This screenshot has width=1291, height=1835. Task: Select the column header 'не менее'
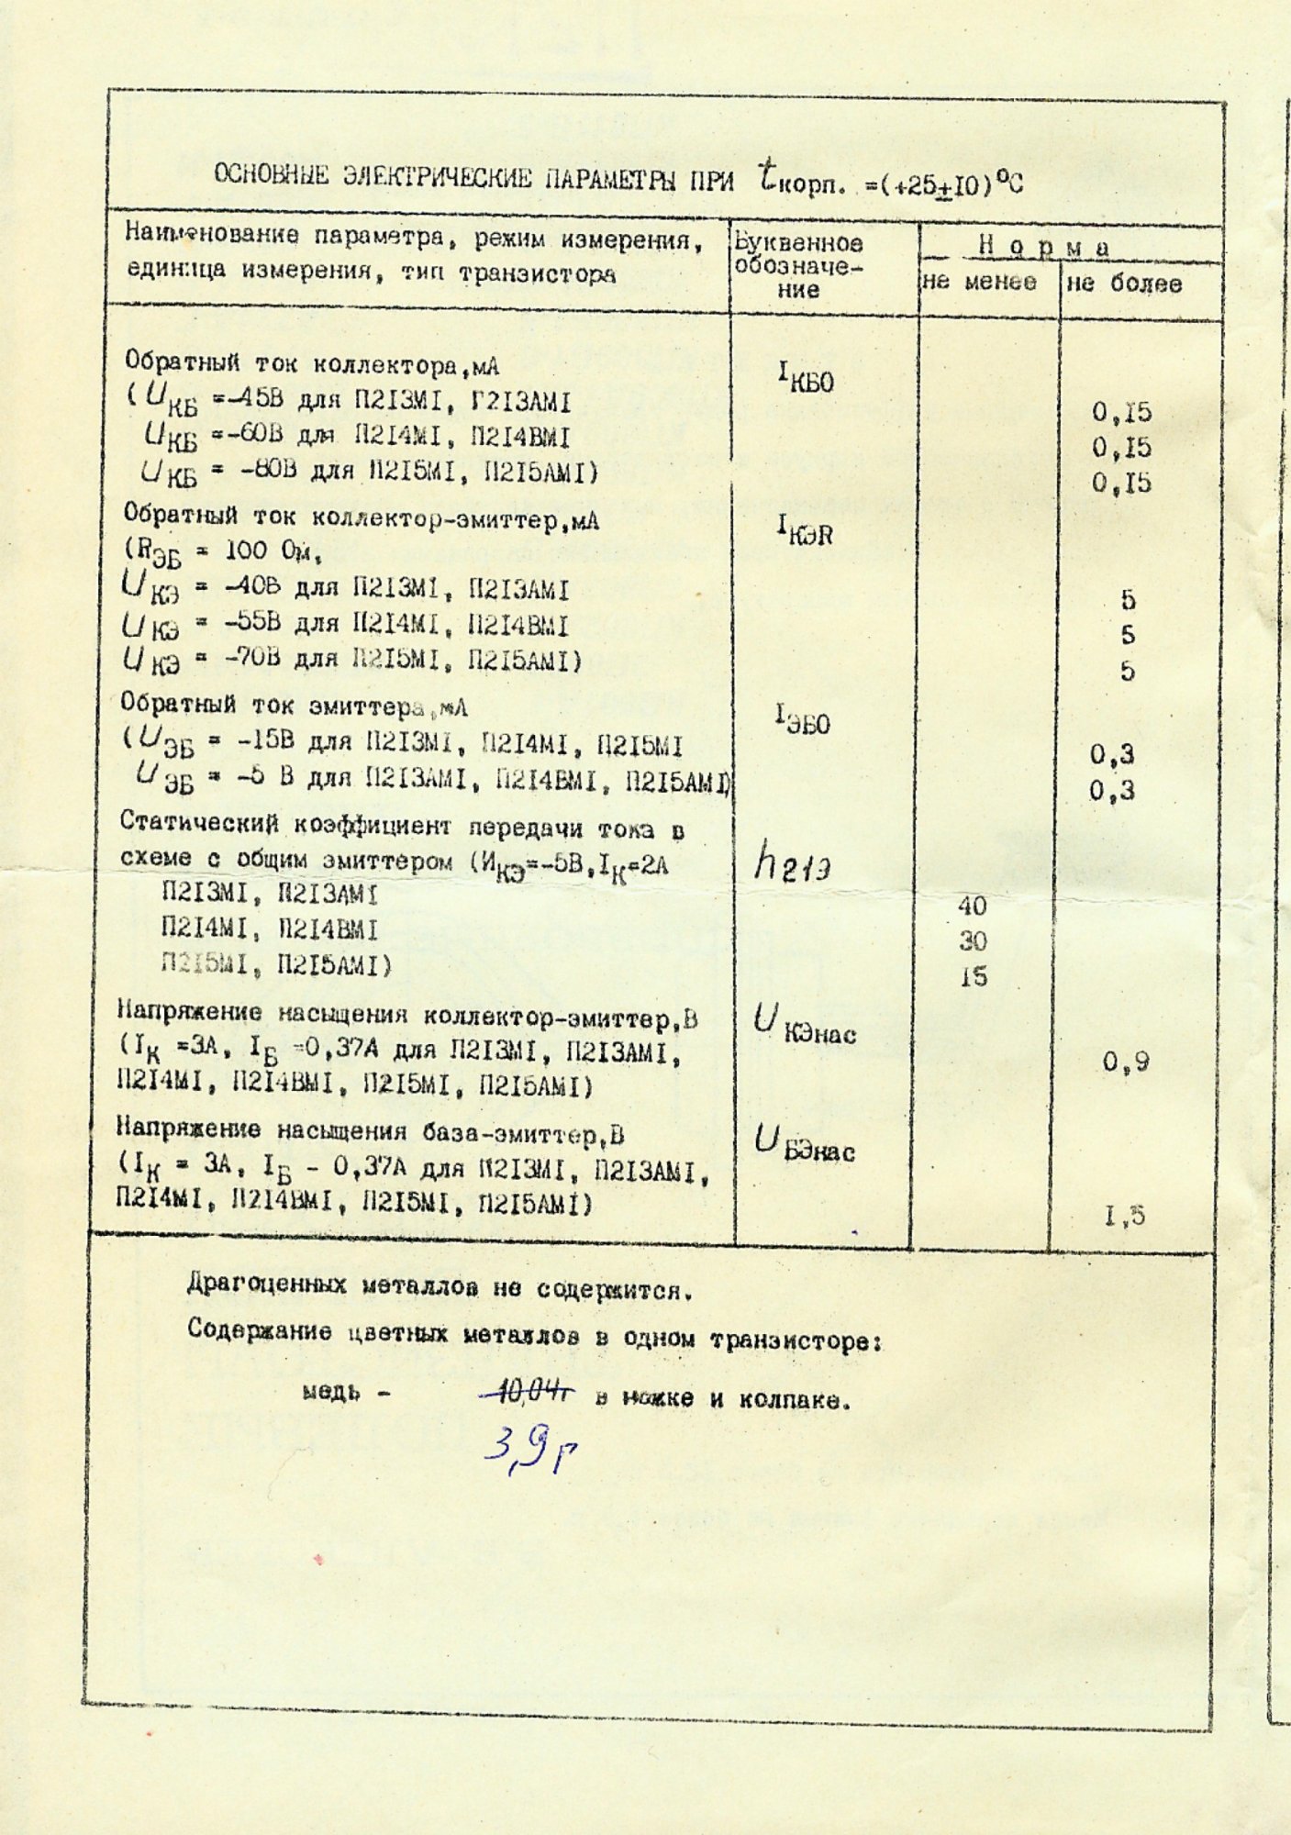pos(979,282)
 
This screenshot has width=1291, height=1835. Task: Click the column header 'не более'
pos(1124,284)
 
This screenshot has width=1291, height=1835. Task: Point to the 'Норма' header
pos(1044,246)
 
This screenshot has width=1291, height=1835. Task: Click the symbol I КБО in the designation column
pos(805,377)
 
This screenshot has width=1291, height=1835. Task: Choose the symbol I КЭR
pos(805,529)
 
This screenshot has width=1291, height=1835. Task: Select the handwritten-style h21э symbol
pos(792,863)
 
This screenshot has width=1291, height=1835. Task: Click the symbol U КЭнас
pos(805,1025)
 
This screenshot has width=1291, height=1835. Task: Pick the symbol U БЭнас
pos(805,1143)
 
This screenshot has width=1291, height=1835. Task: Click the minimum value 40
pos(972,906)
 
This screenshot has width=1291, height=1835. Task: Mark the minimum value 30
pos(973,941)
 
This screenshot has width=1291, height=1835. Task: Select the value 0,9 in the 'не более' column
pos(1126,1062)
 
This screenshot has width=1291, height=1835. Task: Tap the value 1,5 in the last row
pos(1125,1217)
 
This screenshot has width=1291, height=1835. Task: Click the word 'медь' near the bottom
pos(330,1394)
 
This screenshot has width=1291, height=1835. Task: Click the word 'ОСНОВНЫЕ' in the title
pos(271,174)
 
